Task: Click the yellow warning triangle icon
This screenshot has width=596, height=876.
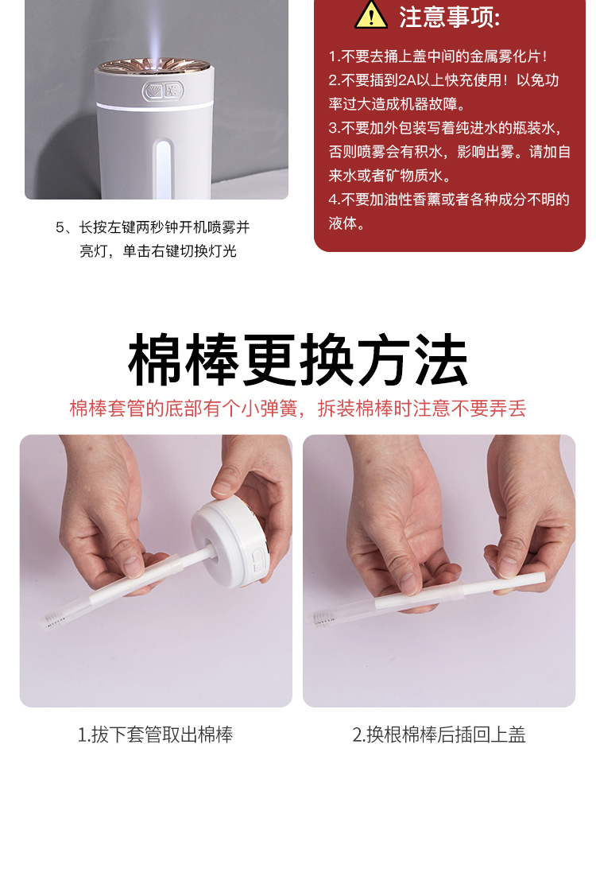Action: point(371,15)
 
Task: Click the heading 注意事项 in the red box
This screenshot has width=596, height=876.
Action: point(449,17)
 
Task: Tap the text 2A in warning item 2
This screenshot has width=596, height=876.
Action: point(407,80)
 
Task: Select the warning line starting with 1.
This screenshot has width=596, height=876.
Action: point(438,56)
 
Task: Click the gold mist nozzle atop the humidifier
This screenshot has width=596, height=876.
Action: point(156,65)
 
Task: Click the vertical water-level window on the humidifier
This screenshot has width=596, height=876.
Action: point(164,169)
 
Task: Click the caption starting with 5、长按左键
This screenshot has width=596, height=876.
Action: point(153,239)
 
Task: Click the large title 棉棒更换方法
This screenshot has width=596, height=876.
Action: point(298,360)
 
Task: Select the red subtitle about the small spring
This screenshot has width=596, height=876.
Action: point(298,409)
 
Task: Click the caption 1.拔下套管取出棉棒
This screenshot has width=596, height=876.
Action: point(155,735)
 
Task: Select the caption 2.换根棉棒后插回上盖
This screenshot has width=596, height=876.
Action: point(439,735)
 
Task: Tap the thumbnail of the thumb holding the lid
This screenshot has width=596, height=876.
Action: point(223,487)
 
